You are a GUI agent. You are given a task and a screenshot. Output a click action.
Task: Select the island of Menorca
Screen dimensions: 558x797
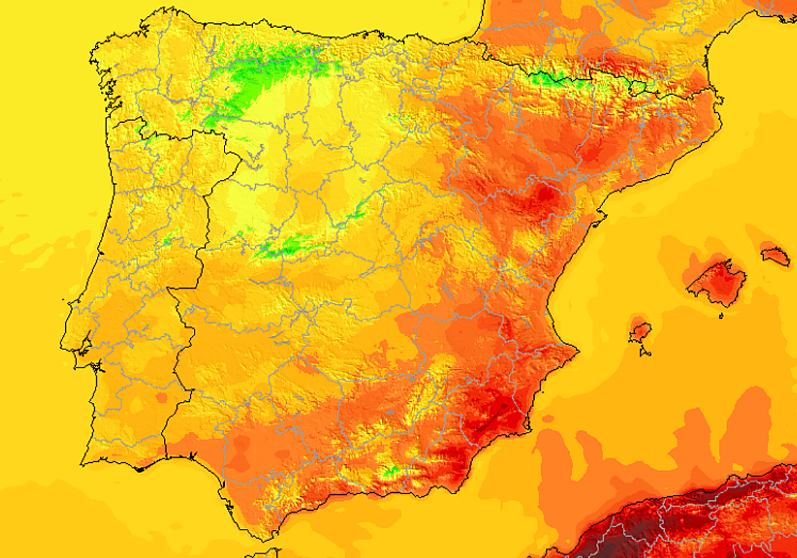tap(775, 254)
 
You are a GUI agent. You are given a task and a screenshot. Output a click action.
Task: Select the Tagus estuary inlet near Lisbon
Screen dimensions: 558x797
tap(85, 345)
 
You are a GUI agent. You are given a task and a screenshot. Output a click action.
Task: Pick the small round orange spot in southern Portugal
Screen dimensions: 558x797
tap(161, 397)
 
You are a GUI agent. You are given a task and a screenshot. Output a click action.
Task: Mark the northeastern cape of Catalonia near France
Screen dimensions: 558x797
tap(720, 100)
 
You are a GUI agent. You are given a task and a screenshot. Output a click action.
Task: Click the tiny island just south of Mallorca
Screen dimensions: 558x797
tap(721, 316)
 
